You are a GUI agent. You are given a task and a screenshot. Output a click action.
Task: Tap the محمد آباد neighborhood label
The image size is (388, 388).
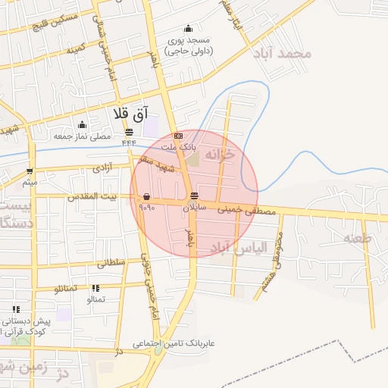pos(285,54)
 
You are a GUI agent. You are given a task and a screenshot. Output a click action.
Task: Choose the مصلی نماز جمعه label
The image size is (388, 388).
pos(82,136)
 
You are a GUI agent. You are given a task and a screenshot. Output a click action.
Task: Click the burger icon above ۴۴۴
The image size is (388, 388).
pos(129,131)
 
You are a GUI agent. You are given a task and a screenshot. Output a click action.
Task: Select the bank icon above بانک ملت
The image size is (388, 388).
pos(178,135)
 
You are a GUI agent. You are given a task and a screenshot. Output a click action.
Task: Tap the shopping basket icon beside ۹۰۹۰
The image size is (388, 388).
pos(145,196)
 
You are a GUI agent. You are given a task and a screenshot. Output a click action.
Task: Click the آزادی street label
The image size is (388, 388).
pos(102,164)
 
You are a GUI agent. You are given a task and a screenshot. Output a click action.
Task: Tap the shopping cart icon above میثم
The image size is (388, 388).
pos(29,171)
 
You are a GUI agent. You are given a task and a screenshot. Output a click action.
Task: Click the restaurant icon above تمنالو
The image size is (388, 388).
pos(95,289)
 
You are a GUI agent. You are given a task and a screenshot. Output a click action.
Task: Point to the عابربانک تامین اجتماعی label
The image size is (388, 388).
pos(176,343)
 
